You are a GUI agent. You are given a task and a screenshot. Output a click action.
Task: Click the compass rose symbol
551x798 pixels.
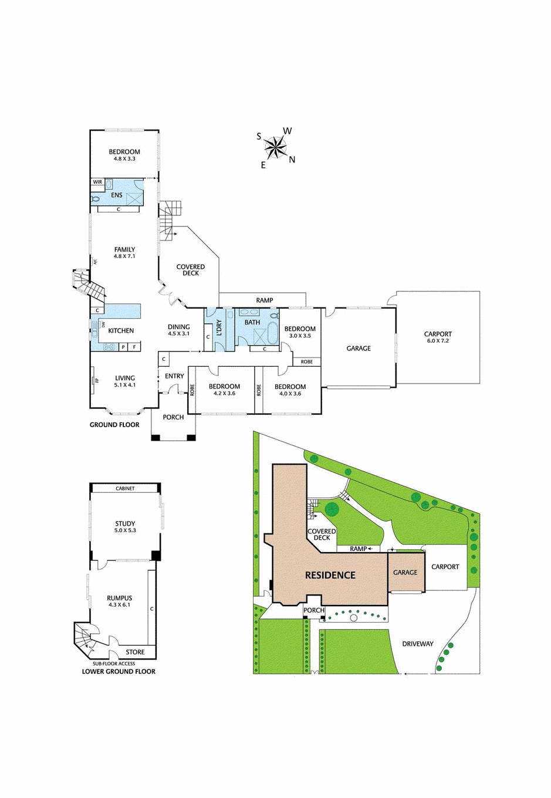coord(275,147)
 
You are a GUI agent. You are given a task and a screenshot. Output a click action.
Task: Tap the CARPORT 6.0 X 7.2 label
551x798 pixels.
coord(438,337)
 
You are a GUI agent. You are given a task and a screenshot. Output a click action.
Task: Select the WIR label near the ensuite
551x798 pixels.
coord(97,182)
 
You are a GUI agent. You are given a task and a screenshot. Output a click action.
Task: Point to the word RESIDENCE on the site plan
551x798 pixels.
coord(330,576)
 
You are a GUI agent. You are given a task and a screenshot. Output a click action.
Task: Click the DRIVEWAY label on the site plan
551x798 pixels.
coord(418,644)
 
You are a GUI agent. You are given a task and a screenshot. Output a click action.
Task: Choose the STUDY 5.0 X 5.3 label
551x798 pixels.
coord(125,526)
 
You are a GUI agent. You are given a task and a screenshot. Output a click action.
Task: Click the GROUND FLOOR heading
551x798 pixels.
coord(114,425)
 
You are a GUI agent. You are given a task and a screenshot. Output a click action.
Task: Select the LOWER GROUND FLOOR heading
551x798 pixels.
coord(119,671)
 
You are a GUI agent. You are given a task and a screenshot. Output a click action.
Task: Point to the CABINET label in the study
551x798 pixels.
coord(125,488)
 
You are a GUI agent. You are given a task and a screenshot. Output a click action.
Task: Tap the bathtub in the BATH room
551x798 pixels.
coord(272,333)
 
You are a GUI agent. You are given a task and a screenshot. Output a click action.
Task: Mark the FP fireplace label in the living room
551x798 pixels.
coord(97,381)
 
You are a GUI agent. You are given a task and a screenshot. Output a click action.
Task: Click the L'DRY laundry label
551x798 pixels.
coord(219,327)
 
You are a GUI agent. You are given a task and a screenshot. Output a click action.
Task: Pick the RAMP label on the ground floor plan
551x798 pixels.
coord(264,300)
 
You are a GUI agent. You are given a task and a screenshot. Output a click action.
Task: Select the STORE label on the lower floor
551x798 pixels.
coord(135,652)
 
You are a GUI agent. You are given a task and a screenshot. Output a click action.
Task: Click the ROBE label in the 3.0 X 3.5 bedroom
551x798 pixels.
coord(307,361)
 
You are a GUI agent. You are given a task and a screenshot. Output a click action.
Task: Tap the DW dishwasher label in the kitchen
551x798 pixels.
coord(104,324)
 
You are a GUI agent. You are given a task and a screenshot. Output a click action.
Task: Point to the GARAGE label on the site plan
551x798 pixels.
coord(405,572)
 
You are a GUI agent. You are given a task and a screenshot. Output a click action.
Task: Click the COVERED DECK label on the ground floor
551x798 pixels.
coord(191,270)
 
